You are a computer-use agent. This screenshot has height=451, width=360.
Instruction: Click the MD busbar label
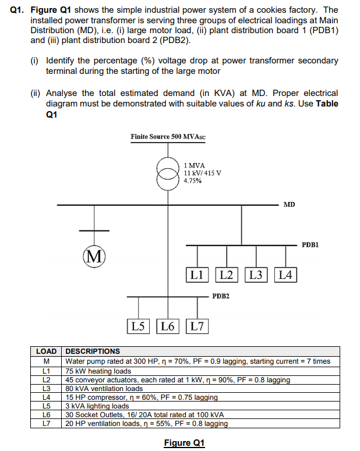290,204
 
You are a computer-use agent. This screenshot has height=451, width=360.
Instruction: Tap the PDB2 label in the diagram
221,296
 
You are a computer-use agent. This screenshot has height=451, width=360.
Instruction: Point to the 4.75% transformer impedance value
193,181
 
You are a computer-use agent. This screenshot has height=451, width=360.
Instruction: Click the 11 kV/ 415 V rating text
202,173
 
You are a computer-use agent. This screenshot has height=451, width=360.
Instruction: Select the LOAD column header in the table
47,351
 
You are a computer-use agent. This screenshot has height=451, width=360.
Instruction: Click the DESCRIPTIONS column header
93,351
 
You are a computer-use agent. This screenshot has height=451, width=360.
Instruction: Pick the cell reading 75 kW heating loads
98,370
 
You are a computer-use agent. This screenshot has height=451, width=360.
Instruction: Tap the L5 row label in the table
47,406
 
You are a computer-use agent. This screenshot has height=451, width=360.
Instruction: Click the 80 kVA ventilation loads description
104,388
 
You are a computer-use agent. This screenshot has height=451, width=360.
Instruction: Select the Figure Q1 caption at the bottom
185,443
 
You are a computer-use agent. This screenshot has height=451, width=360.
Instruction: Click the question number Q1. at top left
18,10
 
